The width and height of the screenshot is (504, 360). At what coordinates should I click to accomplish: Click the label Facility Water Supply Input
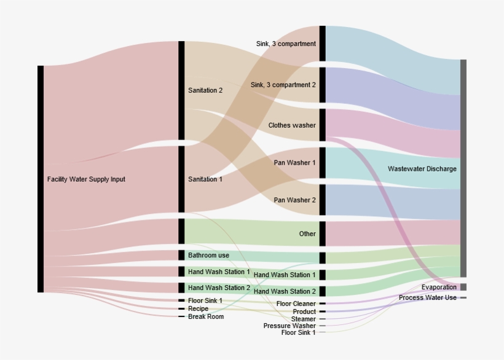point(86,179)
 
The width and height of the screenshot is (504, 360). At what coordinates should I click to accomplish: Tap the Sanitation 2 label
point(205,90)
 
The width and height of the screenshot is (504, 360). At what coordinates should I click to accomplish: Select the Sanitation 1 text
point(205,179)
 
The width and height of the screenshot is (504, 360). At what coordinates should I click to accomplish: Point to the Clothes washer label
point(292,125)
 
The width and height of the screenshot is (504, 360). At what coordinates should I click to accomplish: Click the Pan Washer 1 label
point(294,163)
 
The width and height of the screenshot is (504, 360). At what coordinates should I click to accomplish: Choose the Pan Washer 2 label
point(294,200)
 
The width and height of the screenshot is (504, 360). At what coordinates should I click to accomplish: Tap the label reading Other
point(307,234)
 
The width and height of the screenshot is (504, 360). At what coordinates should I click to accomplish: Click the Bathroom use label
point(208,255)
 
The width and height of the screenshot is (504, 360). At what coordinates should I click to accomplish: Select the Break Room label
point(206,317)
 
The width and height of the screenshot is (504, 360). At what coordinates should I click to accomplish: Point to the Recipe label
point(198,309)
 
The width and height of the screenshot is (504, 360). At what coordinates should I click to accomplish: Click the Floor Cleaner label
point(296,303)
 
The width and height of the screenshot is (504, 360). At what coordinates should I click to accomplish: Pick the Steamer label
point(304,319)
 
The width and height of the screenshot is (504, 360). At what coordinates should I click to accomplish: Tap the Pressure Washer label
point(289,326)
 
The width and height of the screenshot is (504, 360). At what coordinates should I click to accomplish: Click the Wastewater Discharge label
point(422,169)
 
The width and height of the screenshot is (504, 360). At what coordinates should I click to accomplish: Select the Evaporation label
point(439,288)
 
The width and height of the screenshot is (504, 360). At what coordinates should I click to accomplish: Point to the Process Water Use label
point(428,298)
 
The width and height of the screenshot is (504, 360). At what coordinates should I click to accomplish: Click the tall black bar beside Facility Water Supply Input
point(41,179)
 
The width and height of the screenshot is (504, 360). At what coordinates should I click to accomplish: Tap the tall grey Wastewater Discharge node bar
point(463,168)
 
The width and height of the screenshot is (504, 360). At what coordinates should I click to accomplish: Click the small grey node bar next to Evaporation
point(463,287)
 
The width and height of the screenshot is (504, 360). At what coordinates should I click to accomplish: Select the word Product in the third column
point(304,312)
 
